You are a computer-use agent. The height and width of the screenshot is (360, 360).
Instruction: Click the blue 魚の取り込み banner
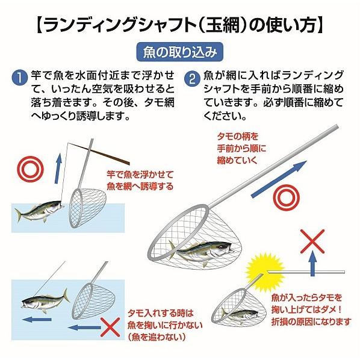(x=180, y=52)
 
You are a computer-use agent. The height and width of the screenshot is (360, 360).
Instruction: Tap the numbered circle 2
(x=193, y=79)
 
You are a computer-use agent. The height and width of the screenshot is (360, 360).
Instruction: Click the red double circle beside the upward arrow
(x=30, y=169)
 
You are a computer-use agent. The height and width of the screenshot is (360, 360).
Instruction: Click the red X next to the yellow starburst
(x=312, y=241)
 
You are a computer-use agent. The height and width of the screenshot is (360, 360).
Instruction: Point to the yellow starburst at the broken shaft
(x=265, y=273)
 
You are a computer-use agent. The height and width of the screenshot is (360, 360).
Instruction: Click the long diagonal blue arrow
(x=279, y=179)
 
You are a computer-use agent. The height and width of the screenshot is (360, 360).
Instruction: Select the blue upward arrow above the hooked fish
(x=58, y=169)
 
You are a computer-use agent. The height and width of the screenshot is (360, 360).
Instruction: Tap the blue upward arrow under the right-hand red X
(x=312, y=264)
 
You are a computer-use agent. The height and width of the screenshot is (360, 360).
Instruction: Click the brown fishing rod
(x=99, y=154)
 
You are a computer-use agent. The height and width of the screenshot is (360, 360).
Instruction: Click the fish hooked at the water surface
(x=40, y=211)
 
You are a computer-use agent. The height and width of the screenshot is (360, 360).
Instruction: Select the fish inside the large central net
(x=200, y=252)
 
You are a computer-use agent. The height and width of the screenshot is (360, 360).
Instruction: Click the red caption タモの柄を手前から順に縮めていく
(x=241, y=148)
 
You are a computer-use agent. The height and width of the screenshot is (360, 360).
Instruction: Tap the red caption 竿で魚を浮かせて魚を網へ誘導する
(x=140, y=181)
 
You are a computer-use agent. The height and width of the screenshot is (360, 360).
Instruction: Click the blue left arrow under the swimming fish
(x=37, y=320)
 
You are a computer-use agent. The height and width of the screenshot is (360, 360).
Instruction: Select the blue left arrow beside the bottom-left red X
(x=84, y=327)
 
